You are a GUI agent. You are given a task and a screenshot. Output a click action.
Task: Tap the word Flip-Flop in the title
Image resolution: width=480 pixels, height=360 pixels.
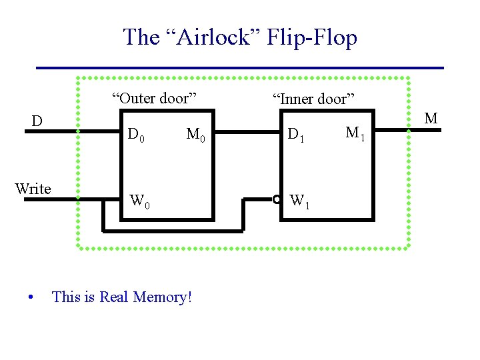coord(311,37)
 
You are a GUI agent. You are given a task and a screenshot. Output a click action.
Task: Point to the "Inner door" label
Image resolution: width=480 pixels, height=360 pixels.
coord(313,99)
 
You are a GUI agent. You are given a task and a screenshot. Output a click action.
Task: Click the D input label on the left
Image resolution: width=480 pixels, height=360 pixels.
coord(38,121)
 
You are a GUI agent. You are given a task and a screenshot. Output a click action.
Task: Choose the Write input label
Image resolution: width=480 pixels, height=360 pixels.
coord(33,189)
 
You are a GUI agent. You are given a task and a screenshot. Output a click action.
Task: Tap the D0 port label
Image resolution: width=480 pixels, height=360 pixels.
coord(137,137)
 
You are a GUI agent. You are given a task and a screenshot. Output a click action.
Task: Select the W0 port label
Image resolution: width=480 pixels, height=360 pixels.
coord(139,200)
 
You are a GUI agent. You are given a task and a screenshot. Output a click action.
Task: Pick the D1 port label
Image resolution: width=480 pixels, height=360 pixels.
coord(296,137)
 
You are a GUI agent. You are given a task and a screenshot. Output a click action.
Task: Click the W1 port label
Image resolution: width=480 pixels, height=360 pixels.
coord(297,200)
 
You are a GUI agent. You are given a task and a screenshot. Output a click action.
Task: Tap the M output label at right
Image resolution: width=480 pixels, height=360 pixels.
coord(431,119)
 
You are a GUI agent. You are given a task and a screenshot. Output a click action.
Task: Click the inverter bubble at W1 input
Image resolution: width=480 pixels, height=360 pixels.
coord(277,199)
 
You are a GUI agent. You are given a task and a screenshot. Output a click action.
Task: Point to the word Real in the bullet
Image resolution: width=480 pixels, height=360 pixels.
coord(114,297)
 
